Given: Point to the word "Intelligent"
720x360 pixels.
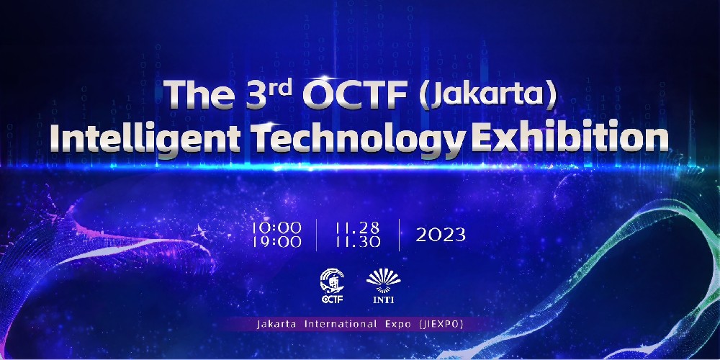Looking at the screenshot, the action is (145, 138).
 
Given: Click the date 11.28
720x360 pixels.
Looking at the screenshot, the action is (358, 228).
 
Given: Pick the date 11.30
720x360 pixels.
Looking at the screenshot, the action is (358, 242).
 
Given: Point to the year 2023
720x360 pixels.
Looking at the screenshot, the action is (441, 235).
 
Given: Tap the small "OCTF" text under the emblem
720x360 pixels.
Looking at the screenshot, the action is (332, 300).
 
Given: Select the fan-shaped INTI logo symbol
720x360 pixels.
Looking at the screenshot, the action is (384, 281).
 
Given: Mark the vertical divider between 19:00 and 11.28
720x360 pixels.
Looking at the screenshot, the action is (316, 235).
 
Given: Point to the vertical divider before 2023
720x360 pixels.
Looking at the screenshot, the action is (399, 235).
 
